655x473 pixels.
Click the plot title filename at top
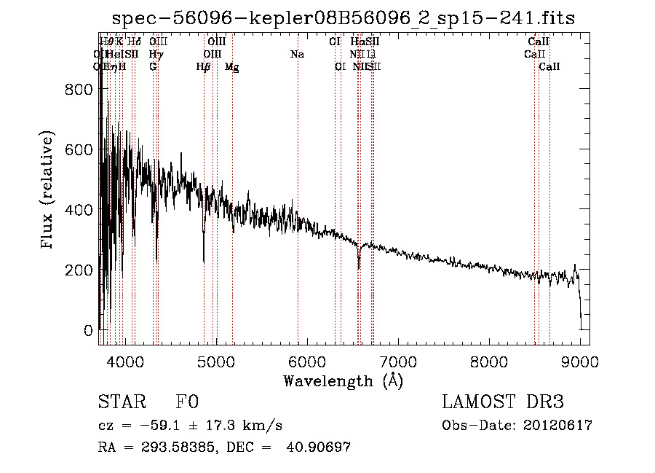344,19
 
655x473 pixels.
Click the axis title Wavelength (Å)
343,380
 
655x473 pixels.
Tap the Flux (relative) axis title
49,191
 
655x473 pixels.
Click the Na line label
297,55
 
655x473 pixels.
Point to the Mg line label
232,67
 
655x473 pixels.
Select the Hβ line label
204,67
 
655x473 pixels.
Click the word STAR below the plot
121,403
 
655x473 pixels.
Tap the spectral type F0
187,403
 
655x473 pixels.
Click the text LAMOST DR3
502,403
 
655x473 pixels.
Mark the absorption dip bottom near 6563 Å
359,267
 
